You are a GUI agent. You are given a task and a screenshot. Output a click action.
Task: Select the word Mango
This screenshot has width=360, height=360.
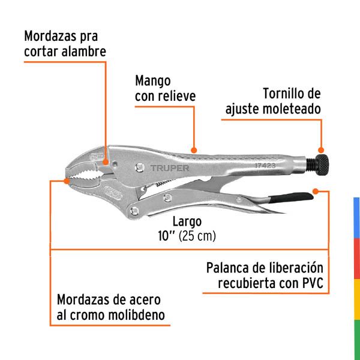coord(153,80)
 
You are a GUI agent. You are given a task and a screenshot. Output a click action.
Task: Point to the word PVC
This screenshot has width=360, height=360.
coord(313,283)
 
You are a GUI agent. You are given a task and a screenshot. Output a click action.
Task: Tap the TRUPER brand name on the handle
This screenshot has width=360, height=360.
coord(169,169)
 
